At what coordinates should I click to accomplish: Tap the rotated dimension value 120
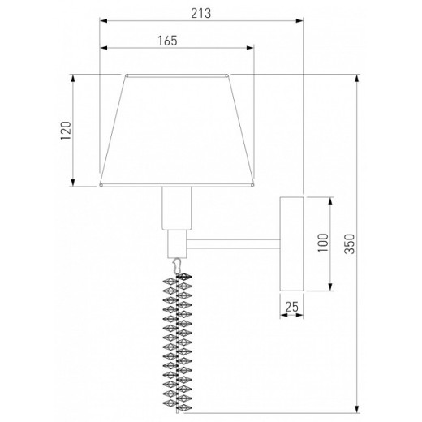coord(66,131)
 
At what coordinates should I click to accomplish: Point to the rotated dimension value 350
coord(349,241)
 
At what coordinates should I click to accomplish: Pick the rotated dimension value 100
coord(322,241)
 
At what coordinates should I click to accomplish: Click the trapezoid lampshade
coord(177,130)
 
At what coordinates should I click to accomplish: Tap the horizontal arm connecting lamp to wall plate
coord(235,242)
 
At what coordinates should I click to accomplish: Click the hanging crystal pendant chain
coord(178,341)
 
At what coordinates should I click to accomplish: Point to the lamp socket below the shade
coord(178,208)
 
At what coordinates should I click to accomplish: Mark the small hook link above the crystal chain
coord(177,266)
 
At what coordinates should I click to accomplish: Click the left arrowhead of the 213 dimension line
coord(102,22)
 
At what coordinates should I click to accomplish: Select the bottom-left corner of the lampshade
coord(100,185)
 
